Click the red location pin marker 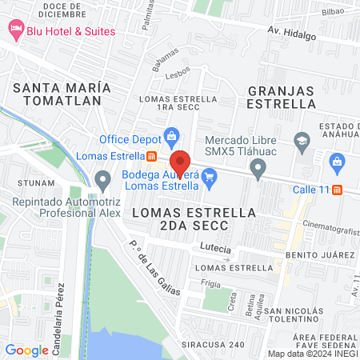point(180,162)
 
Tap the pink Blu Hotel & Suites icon point(14,30)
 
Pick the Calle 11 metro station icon point(338,190)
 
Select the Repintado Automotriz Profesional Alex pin point(102,180)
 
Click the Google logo point(26,350)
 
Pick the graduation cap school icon point(302,142)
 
